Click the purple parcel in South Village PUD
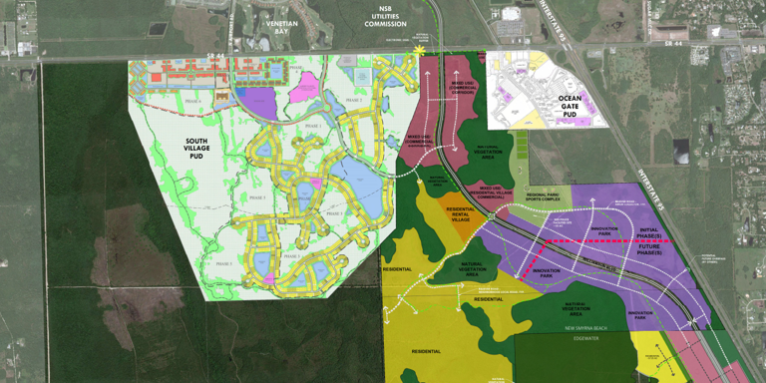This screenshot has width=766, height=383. pyautogui.click(x=259, y=103)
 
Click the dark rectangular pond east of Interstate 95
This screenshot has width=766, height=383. pyautogui.click(x=681, y=152)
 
